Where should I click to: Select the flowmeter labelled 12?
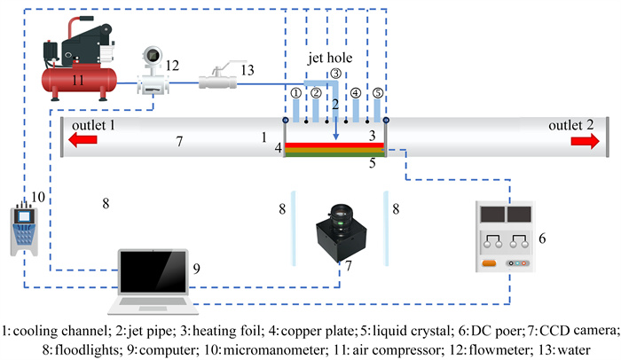[x=152, y=75]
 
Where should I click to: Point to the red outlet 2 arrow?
[x=580, y=138]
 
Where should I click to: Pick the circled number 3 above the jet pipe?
[x=336, y=74]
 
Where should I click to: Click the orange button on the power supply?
[x=487, y=262]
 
